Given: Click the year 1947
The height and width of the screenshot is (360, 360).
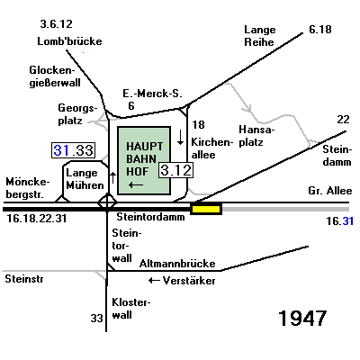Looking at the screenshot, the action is point(302,318).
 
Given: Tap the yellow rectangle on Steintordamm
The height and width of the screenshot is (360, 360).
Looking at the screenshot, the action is point(206,209).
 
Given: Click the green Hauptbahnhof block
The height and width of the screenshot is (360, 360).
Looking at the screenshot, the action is point(144,160).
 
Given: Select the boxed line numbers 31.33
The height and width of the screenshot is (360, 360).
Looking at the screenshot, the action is point(74,150).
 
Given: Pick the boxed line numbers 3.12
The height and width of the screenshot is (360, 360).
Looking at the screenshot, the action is point(175,170).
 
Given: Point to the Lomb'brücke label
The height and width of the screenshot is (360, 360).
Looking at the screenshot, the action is point(69,41).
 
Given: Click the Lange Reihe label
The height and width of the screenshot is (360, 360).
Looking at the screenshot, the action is point(259,36).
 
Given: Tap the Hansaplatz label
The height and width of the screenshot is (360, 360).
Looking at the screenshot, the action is point(256,136).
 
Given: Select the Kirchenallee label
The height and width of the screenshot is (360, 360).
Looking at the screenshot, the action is point(211,148).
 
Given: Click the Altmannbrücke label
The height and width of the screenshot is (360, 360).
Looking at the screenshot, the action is point(177,264).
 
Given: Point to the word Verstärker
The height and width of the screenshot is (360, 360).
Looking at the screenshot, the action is point(189,281).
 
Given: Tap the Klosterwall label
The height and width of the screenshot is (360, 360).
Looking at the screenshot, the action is point(131,309).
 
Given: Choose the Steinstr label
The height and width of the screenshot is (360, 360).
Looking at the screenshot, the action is point(24,279).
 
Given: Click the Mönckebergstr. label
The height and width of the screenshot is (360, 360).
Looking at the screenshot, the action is point(28,188).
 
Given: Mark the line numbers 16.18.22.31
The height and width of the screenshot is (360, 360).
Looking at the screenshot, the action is point(37,219).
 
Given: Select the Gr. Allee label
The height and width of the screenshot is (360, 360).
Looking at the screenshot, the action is point(330,191).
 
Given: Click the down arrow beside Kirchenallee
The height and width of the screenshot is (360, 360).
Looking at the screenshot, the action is point(180,137).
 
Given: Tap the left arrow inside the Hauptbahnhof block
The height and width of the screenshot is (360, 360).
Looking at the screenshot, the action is point(136,185).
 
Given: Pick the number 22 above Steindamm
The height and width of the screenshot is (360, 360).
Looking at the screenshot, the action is point(343,120).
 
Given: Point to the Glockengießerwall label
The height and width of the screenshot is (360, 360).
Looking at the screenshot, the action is point(55,76).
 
